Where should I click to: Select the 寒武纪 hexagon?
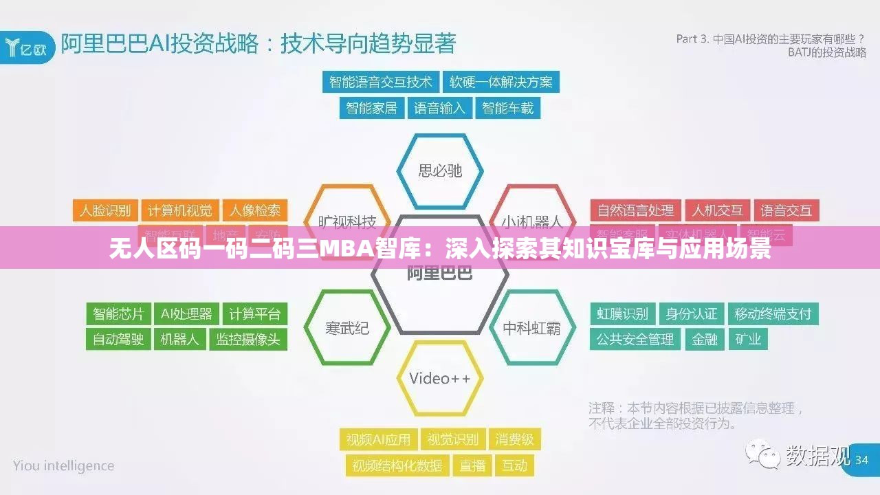tap(347, 328)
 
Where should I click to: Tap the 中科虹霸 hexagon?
tap(531, 328)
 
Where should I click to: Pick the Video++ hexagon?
tap(440, 378)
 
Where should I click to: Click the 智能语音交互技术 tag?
tap(380, 82)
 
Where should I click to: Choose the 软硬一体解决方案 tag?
tap(500, 82)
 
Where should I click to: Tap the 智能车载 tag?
tap(507, 108)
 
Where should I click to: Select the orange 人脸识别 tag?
tap(105, 210)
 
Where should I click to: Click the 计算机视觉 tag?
tap(180, 210)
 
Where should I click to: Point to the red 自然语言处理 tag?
tap(635, 210)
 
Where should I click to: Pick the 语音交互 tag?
tap(786, 210)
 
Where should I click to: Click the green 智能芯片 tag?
tap(118, 314)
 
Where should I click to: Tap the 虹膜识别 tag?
tap(622, 314)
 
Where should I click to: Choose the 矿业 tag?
tap(748, 339)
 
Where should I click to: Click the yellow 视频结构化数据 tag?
tap(397, 465)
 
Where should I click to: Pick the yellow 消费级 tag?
tap(514, 439)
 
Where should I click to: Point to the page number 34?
tap(861, 459)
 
